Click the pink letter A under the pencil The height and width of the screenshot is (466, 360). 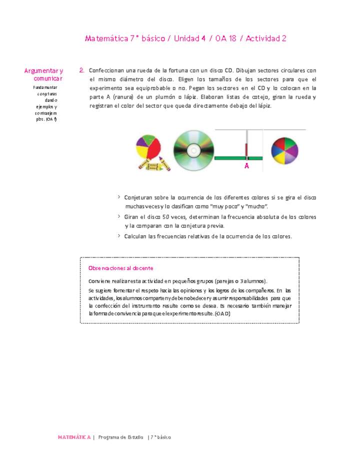246,166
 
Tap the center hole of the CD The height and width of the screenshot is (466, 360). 193,150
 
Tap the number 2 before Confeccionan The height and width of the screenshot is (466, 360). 81,70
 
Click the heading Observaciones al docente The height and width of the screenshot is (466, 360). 120,268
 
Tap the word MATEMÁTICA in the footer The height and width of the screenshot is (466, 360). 74,437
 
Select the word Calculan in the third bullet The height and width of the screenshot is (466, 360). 136,236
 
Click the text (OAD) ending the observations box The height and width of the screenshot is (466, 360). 222,313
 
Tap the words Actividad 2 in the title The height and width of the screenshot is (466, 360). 266,38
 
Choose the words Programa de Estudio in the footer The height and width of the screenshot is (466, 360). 120,437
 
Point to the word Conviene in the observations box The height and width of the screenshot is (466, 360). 99,281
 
